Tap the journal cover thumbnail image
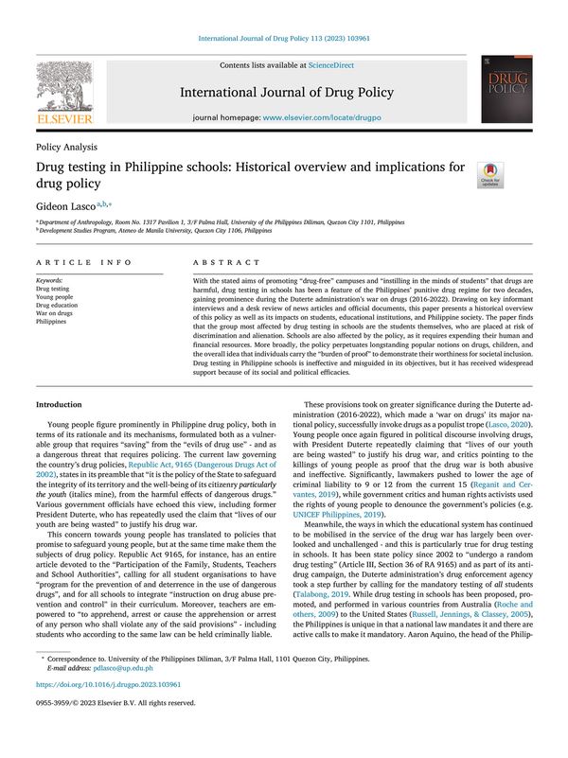click(506, 88)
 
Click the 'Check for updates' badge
click(490, 174)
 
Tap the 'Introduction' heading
click(58, 404)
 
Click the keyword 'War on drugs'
click(55, 312)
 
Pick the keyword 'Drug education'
click(58, 305)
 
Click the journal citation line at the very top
click(283, 39)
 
